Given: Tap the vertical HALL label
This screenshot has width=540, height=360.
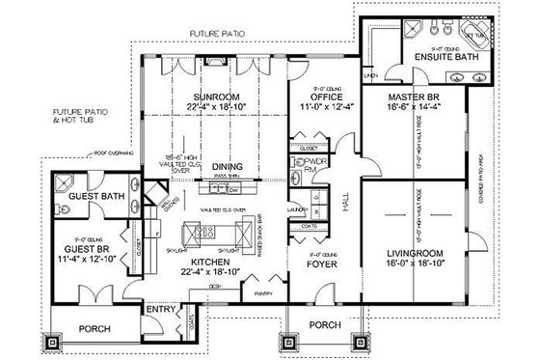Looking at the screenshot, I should (346, 204).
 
